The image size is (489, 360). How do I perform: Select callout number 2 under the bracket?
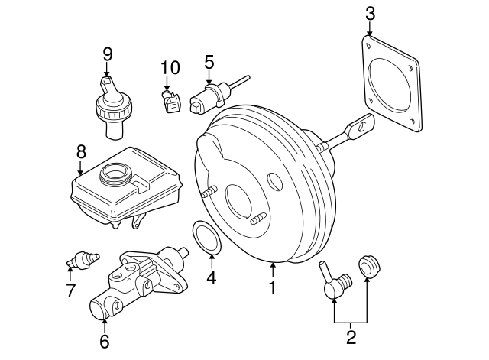pyautogui.click(x=351, y=336)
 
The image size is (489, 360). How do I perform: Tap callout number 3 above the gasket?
pyautogui.click(x=370, y=13)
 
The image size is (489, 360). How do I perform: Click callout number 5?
pyautogui.click(x=209, y=60)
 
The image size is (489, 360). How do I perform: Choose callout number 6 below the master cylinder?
pyautogui.click(x=104, y=340)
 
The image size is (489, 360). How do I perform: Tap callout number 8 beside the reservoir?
pyautogui.click(x=80, y=152)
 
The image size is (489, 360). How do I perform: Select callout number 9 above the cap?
pyautogui.click(x=107, y=54)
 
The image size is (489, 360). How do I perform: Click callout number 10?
pyautogui.click(x=170, y=67)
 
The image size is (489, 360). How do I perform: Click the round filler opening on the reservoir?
pyautogui.click(x=116, y=174)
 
